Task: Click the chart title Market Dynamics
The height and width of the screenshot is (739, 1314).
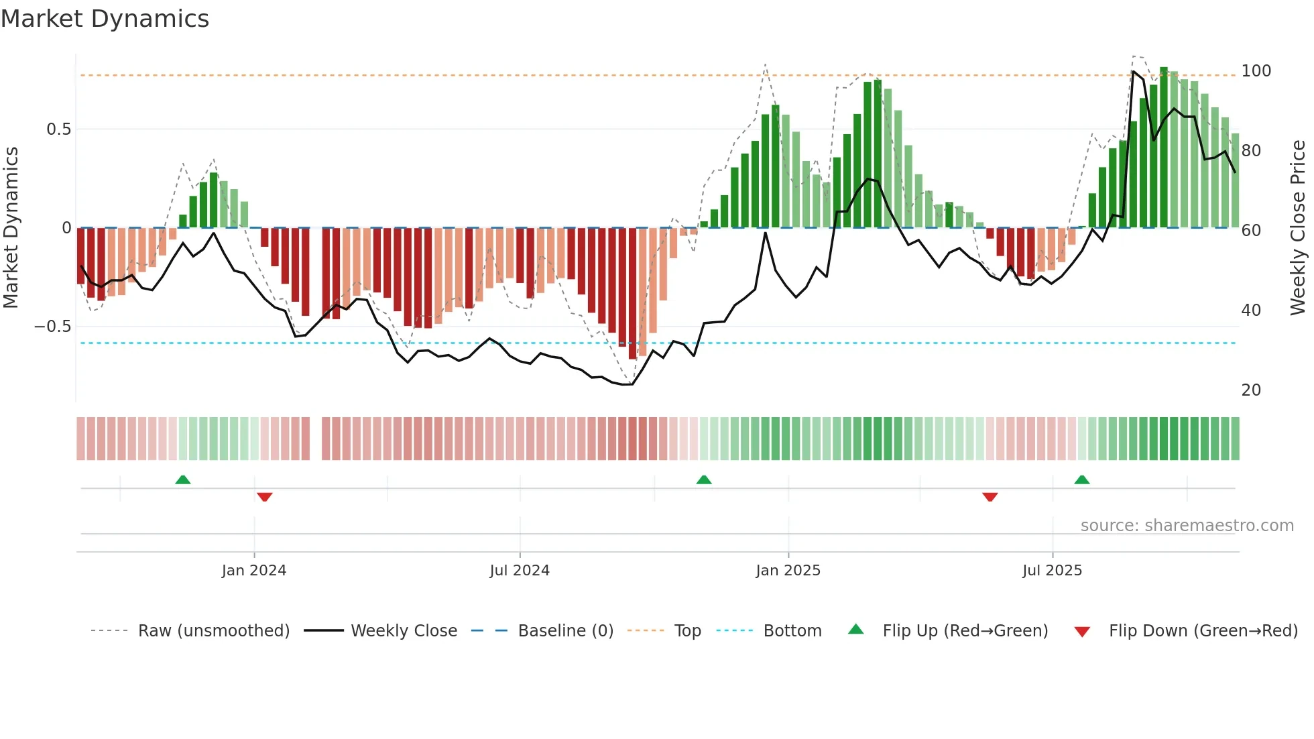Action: coord(105,19)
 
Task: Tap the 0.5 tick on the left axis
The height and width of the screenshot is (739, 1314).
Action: coord(58,129)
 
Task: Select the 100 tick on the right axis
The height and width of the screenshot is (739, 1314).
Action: coord(1256,71)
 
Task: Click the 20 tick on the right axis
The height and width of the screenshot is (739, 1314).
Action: coord(1251,390)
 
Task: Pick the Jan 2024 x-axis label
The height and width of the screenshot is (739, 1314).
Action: coord(254,571)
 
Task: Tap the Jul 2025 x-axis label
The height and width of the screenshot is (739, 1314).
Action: coord(1052,571)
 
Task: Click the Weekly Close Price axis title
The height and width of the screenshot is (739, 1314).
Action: coord(1298,228)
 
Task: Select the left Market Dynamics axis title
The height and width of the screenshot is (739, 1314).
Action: coord(11,228)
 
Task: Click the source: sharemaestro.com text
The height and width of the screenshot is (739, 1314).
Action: coord(1187,526)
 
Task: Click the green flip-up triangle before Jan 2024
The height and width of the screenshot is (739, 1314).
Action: coord(183,479)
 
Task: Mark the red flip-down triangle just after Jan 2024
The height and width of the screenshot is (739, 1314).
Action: coord(264,497)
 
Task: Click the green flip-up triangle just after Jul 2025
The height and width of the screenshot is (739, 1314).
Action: coord(1081,479)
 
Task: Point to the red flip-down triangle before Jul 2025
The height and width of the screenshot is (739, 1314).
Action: coord(990,497)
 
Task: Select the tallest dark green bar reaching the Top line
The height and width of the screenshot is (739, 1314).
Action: coord(1164,148)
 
